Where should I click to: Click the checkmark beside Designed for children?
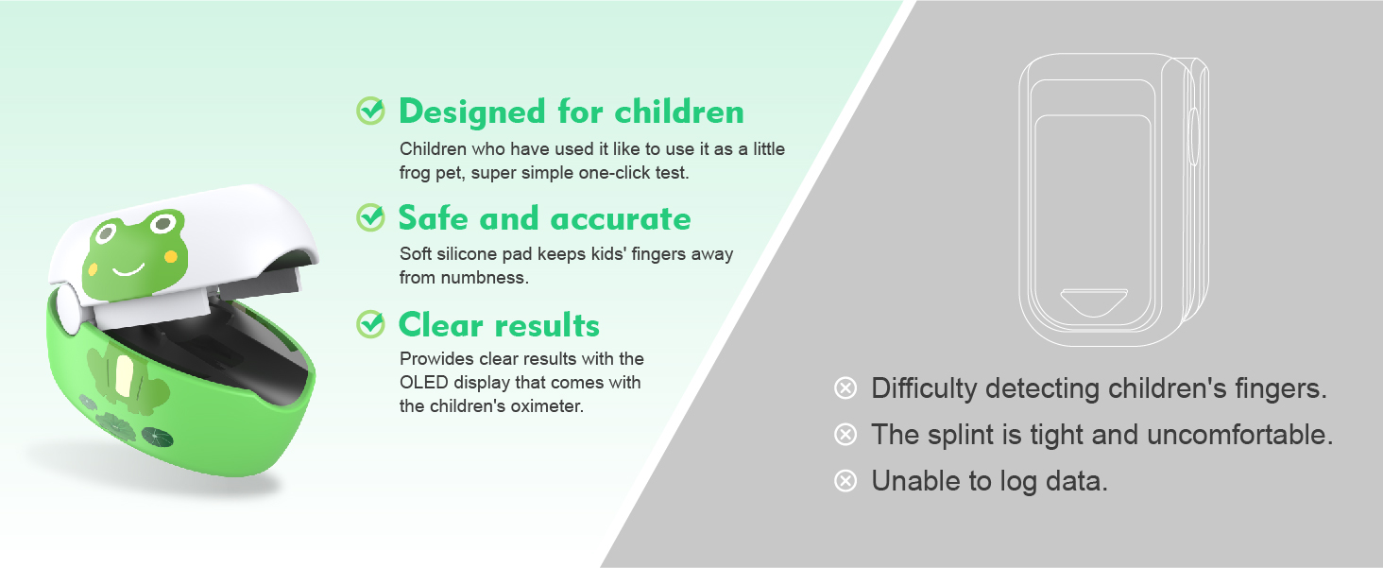[370, 111]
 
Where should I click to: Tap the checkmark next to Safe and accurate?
[370, 217]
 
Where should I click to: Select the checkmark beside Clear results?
[370, 324]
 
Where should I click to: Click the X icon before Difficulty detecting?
[845, 388]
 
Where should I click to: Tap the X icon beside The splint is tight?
[845, 435]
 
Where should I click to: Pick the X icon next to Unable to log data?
[845, 481]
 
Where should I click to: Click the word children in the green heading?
[679, 112]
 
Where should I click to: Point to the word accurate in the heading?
[621, 219]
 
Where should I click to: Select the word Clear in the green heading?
[437, 325]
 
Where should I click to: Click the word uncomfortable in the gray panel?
[1240, 435]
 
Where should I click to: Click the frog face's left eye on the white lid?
[105, 233]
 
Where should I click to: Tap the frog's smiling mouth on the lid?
[128, 269]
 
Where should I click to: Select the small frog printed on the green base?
[128, 378]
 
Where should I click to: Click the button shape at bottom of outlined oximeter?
[1093, 302]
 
